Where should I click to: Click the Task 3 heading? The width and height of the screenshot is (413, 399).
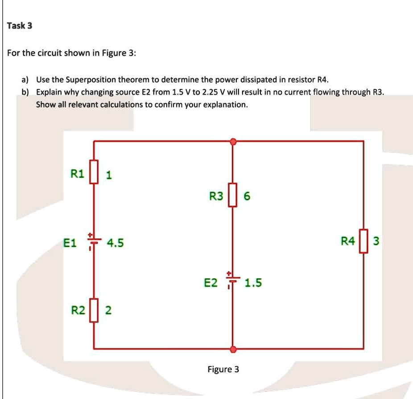point(20,26)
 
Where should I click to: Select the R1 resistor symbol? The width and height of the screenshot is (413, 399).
point(94,174)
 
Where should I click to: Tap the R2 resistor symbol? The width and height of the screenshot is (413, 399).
point(94,310)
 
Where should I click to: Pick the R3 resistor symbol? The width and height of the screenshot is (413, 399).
point(232,195)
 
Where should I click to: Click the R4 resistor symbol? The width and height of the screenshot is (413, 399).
point(363,241)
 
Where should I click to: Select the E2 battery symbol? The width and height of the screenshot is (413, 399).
point(231,279)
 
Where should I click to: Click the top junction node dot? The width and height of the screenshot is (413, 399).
point(232,142)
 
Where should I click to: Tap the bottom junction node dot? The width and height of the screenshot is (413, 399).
point(232,349)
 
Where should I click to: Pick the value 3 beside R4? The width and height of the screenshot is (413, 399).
point(376,242)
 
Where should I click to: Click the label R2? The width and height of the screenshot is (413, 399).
point(79,310)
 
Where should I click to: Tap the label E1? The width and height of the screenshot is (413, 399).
point(70,243)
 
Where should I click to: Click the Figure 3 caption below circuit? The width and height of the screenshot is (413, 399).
point(223,369)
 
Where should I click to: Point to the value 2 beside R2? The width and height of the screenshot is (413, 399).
point(107,310)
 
